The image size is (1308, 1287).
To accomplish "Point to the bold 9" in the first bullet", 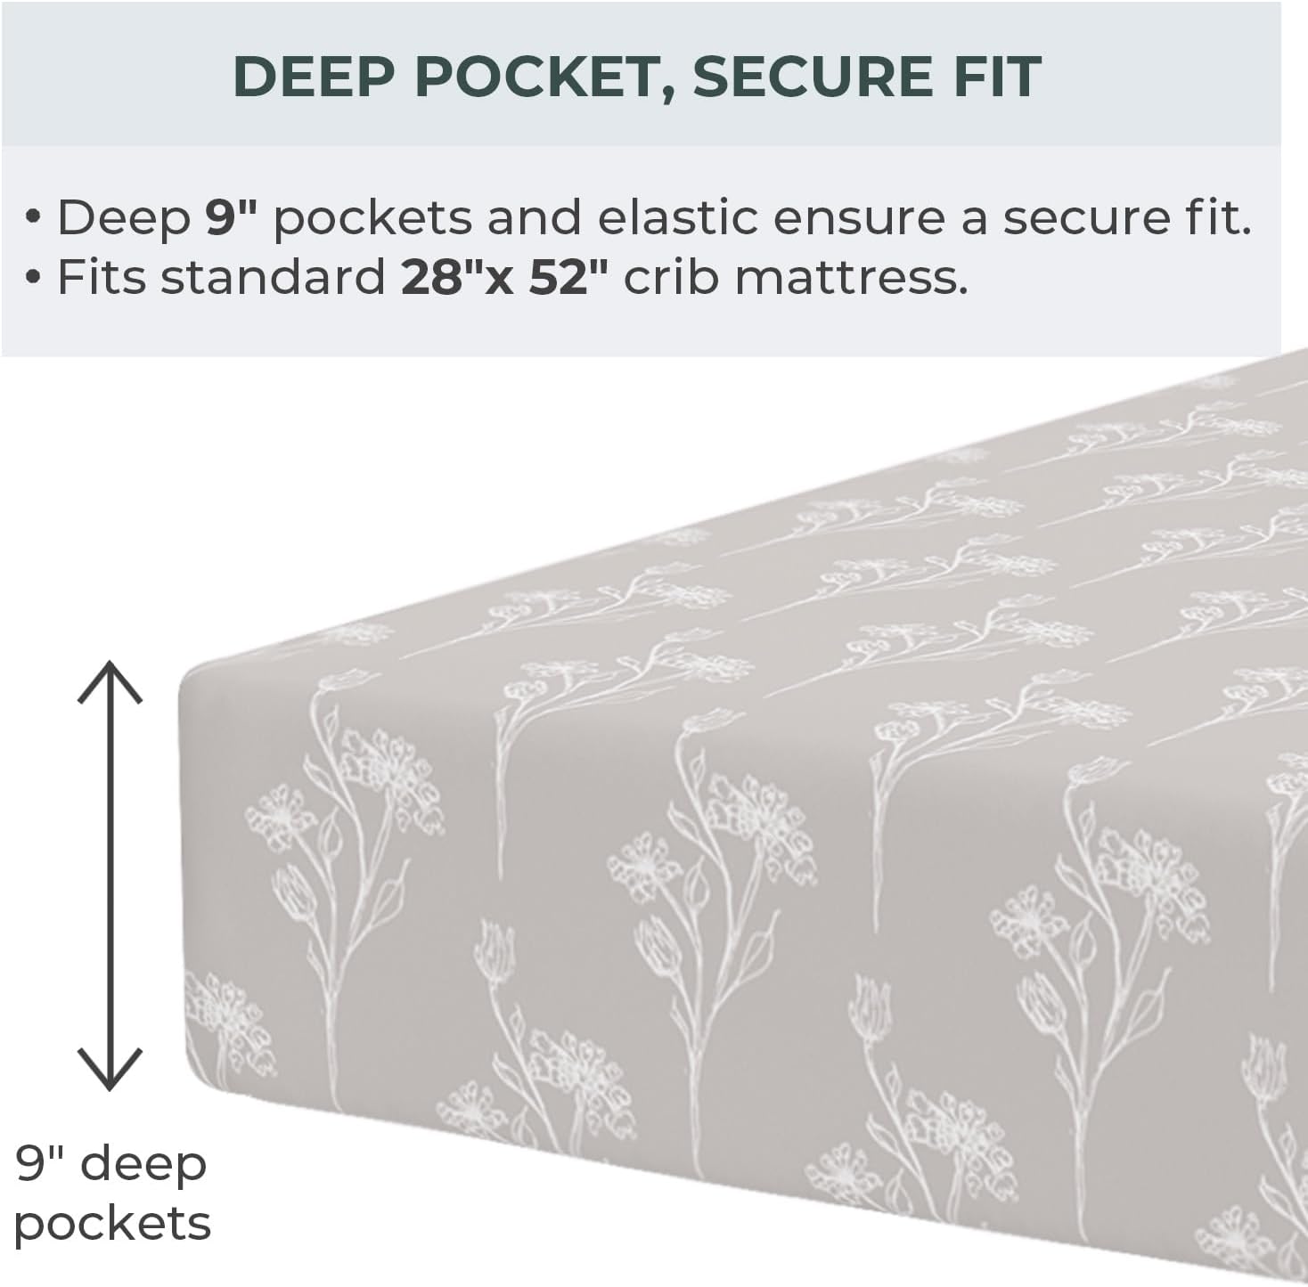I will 231,218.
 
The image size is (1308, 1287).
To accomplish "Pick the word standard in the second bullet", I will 272,279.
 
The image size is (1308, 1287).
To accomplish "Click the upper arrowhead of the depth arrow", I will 110,680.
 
